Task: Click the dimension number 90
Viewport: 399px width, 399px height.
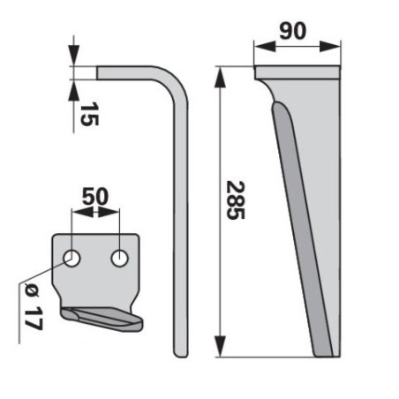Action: point(293,31)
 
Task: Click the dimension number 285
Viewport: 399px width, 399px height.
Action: point(236,200)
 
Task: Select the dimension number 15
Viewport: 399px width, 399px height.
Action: point(89,114)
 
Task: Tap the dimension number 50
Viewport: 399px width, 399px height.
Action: point(95,197)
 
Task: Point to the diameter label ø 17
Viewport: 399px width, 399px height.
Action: point(34,306)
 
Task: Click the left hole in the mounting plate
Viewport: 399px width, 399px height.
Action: point(72,259)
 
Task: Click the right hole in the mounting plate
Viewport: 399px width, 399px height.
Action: point(120,259)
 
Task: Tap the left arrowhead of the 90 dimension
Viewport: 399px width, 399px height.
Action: point(265,47)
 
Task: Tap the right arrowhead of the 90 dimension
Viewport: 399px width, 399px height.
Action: point(329,47)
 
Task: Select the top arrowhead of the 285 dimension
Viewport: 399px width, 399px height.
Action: point(220,77)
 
